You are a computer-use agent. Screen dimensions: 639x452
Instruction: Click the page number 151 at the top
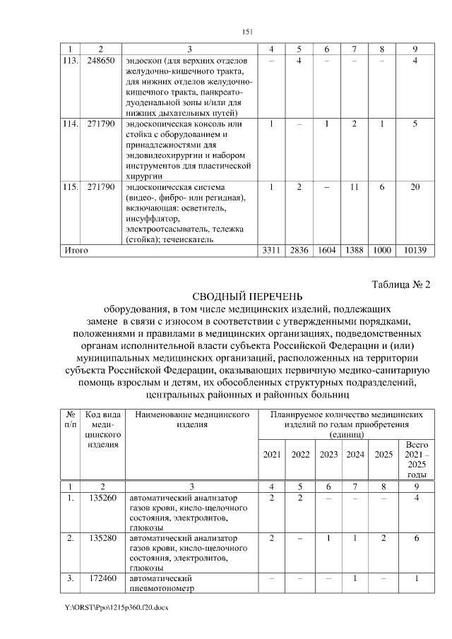pos(247,31)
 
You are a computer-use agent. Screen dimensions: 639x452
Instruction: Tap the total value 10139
pos(415,250)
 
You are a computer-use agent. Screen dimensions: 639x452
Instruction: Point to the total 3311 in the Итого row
pos(271,250)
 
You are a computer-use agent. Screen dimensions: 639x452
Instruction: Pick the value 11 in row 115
pos(355,187)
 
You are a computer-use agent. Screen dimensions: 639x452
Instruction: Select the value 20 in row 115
pos(415,187)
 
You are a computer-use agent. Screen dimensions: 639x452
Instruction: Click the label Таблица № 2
pos(401,285)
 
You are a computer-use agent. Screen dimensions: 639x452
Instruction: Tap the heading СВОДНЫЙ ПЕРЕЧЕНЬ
pos(247,297)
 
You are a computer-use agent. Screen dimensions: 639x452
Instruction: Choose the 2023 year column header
pos(329,454)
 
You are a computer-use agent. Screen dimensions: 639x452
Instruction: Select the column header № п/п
pos(71,419)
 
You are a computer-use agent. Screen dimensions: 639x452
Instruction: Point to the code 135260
pos(101,498)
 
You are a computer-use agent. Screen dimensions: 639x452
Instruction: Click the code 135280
pos(101,539)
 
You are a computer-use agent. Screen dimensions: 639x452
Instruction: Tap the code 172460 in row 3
pos(101,578)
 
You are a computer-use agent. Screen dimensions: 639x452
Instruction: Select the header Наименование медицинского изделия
pos(193,419)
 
